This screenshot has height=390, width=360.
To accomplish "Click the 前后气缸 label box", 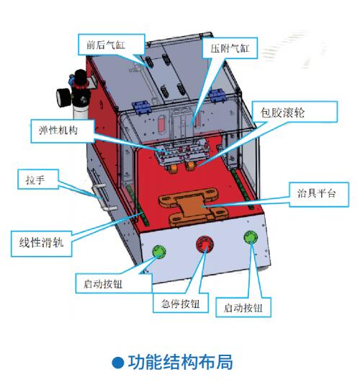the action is [112, 44].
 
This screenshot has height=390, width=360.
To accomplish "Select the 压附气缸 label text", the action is [230, 48].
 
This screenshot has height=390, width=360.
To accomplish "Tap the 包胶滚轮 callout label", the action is [295, 112].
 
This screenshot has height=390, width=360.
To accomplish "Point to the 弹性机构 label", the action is [63, 131].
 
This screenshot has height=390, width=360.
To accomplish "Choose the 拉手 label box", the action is [38, 180].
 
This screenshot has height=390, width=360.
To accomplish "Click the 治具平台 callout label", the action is [319, 194].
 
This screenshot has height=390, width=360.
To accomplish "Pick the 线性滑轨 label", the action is [42, 244].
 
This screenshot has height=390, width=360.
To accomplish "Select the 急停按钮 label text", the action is [181, 303].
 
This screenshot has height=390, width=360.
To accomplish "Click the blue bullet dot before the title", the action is [118, 363].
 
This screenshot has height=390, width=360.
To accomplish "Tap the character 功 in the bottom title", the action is [136, 362].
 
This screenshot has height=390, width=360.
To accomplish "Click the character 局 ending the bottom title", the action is [225, 362].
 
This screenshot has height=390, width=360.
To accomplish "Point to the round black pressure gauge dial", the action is [63, 98].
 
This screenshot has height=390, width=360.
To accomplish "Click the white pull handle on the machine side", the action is [104, 196].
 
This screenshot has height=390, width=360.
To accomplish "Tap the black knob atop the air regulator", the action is [80, 78].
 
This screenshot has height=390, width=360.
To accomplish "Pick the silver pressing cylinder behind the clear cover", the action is [181, 123].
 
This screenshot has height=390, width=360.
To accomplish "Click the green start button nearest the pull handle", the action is [159, 251].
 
